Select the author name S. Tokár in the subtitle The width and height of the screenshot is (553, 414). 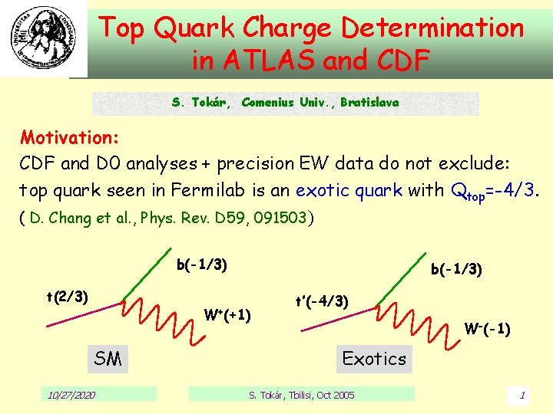pos(200,103)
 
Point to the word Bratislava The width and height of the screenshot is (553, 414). pos(369,103)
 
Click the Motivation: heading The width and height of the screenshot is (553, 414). pos(69,138)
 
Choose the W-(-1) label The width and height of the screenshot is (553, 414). pos(488,329)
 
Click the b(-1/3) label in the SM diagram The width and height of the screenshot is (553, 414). pos(201,265)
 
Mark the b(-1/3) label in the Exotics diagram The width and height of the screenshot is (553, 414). pos(456,269)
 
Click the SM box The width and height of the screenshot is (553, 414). pos(108,359)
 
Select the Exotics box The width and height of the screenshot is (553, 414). pos(374,359)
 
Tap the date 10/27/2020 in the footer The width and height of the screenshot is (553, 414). pos(71,395)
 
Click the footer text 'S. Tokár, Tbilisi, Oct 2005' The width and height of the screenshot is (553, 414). pos(302,395)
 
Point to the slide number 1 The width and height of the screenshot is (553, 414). pos(522,396)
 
